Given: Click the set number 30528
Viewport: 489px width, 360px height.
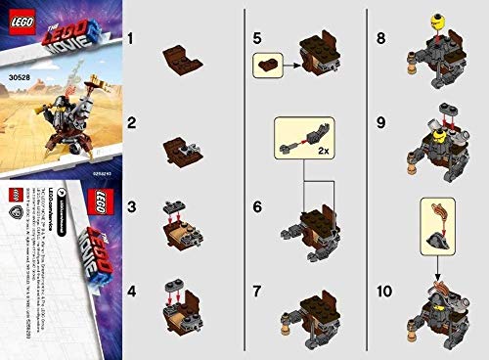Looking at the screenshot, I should point(17,68).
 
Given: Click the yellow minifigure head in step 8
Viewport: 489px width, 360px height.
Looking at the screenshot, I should point(426,17).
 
